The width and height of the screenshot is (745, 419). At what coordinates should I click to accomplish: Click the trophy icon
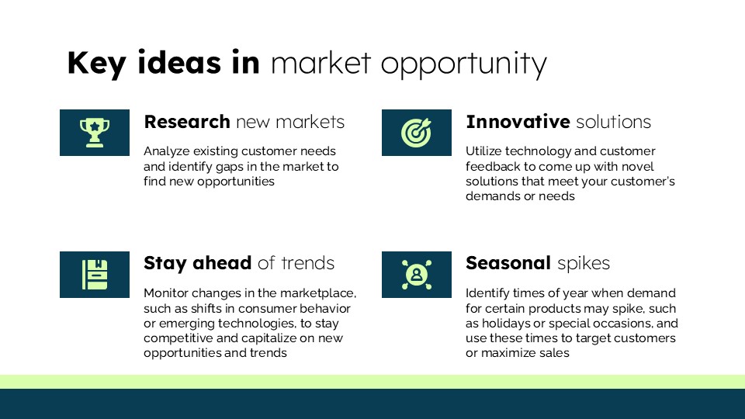pos(95,133)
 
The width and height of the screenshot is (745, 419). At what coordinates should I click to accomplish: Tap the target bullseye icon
pos(416,133)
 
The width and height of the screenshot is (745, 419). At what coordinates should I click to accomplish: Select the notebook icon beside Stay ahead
pos(95,275)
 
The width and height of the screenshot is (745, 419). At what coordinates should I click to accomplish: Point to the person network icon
pos(417,275)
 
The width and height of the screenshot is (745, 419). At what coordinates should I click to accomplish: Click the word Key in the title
pos(97,63)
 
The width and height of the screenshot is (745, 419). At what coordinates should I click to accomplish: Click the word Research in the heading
pos(187,122)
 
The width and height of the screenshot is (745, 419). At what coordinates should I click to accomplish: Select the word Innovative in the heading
pos(518,122)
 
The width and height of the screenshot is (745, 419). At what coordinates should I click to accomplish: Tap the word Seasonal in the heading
pos(508,263)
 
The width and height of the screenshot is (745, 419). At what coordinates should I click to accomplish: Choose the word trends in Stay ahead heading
pos(308,263)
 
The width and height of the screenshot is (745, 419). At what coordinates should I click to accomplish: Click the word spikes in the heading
pos(584,264)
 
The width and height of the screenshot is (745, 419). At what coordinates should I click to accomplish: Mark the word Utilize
pos(483,151)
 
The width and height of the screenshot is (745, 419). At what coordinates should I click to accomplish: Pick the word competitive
pos(178,338)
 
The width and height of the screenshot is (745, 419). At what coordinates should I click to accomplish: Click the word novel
pos(639,167)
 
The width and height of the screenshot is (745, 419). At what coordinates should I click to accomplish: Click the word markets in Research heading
pos(310,122)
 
